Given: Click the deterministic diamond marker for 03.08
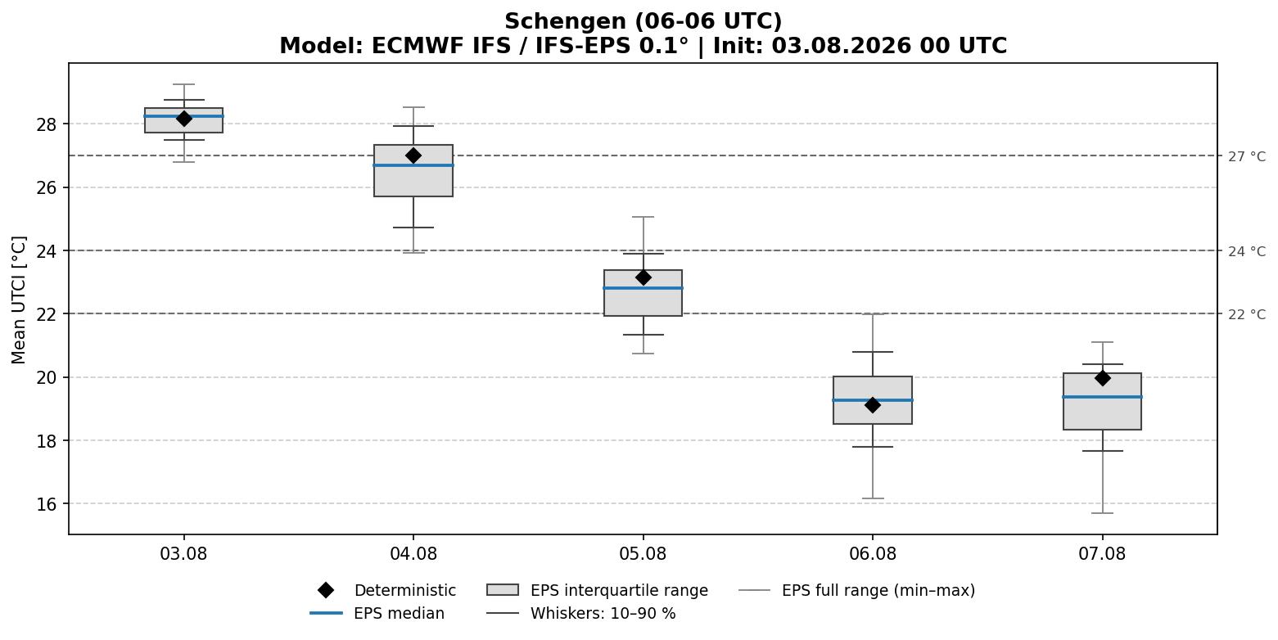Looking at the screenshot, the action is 183,119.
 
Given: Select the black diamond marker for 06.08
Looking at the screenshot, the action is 873,405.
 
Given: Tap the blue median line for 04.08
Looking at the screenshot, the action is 413,165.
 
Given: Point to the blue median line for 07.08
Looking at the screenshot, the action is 1102,396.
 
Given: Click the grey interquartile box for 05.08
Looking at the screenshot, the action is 643,293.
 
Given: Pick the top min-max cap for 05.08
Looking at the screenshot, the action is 643,217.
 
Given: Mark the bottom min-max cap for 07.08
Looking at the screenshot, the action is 1102,513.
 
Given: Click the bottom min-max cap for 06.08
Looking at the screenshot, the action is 873,498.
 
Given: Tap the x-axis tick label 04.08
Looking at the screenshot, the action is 413,553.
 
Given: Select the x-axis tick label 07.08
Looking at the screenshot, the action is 1102,553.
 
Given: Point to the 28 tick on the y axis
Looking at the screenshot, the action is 46,124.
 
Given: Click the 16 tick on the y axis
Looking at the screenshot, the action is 46,504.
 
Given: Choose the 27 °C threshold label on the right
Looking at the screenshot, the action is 1247,156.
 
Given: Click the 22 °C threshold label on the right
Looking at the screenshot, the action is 1247,314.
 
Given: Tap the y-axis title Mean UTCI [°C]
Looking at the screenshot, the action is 19,300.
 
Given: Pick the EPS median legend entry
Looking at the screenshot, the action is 377,613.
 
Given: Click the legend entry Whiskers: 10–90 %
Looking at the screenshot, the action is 581,613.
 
